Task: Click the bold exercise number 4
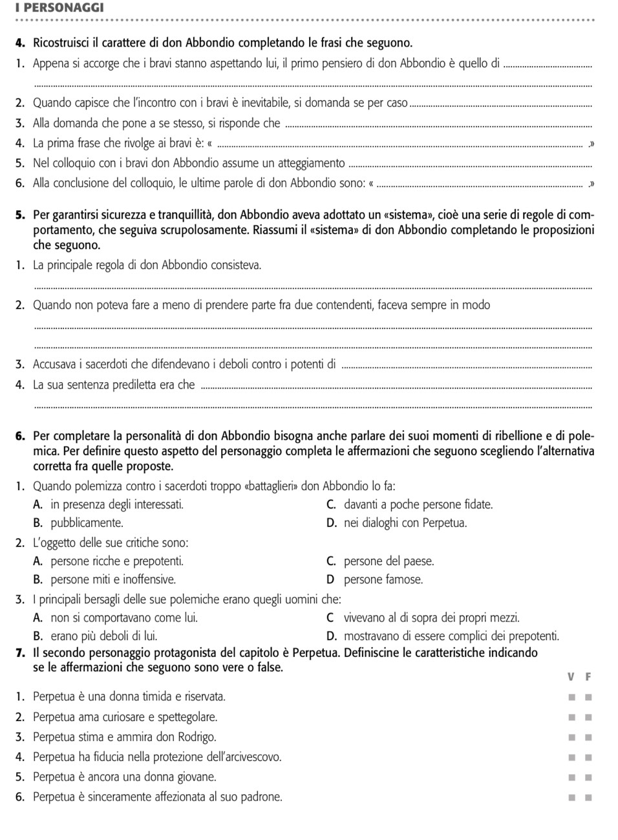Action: click(x=20, y=43)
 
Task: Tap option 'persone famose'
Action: click(x=383, y=579)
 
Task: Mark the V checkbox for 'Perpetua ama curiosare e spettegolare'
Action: click(x=571, y=717)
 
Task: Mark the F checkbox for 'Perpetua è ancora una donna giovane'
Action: click(x=588, y=777)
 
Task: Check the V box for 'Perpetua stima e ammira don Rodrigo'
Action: click(x=571, y=737)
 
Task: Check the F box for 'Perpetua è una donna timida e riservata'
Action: click(x=588, y=697)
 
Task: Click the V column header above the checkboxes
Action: click(x=571, y=677)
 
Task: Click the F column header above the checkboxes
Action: click(x=588, y=677)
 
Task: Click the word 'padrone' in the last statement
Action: click(x=261, y=797)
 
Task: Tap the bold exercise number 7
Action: click(x=20, y=652)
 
